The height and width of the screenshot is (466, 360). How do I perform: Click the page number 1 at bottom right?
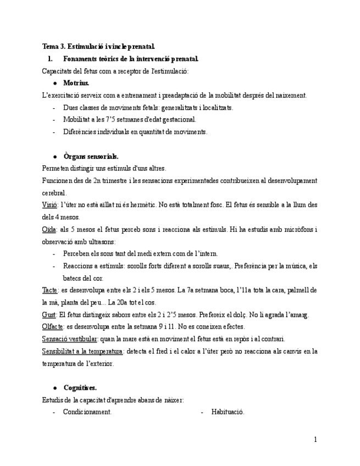315,439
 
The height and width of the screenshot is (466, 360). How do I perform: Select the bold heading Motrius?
76,83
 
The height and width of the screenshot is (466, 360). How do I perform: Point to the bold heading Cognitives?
80,387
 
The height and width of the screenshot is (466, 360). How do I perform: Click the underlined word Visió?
49,204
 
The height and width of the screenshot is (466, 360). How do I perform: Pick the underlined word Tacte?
49,290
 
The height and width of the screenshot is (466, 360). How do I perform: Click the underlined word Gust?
49,314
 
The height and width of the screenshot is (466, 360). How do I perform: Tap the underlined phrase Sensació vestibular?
70,339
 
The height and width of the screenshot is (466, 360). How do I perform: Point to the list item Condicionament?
87,412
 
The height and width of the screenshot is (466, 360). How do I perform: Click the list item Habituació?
228,412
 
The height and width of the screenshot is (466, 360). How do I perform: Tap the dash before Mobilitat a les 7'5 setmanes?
54,119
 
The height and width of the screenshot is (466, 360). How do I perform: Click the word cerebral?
54,193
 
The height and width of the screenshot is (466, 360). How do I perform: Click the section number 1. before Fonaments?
50,59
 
